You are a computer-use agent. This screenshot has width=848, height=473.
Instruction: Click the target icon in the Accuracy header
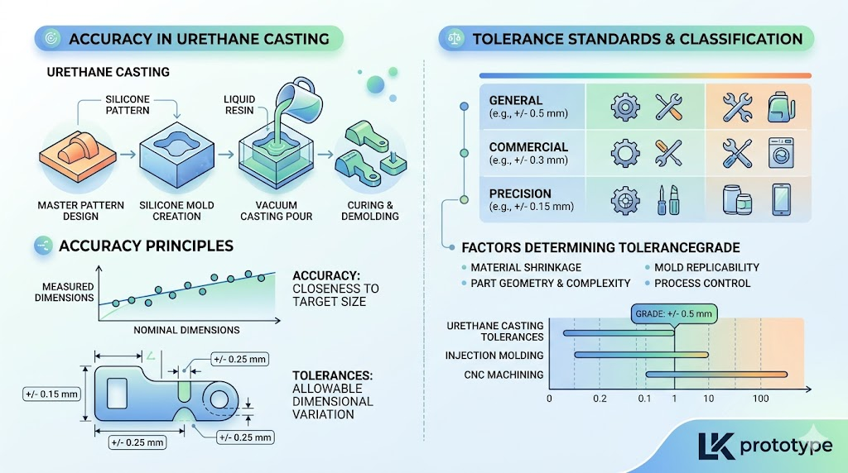(51, 39)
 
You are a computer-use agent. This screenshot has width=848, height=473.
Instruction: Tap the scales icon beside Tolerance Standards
(455, 39)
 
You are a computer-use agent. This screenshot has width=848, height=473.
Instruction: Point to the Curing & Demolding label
(366, 211)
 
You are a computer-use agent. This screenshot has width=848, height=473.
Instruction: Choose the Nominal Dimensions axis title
(186, 330)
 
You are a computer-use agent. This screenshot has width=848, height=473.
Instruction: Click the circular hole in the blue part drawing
(221, 399)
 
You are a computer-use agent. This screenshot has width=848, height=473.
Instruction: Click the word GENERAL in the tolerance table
(516, 100)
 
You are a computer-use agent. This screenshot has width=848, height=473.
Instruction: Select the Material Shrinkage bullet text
(525, 268)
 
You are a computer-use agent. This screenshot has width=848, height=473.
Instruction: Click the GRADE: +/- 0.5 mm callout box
(672, 314)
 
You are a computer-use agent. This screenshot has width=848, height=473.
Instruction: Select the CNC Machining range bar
(715, 375)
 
